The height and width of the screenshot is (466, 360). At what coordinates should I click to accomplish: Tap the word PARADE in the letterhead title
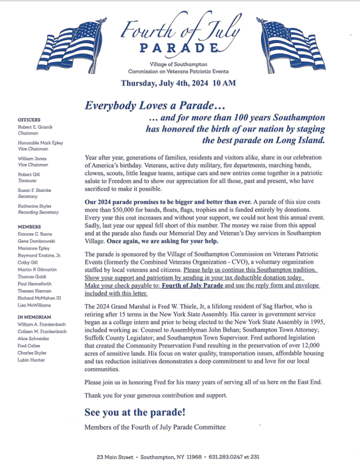point(174,47)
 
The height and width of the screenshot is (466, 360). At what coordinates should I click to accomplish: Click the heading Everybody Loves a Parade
point(155,106)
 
